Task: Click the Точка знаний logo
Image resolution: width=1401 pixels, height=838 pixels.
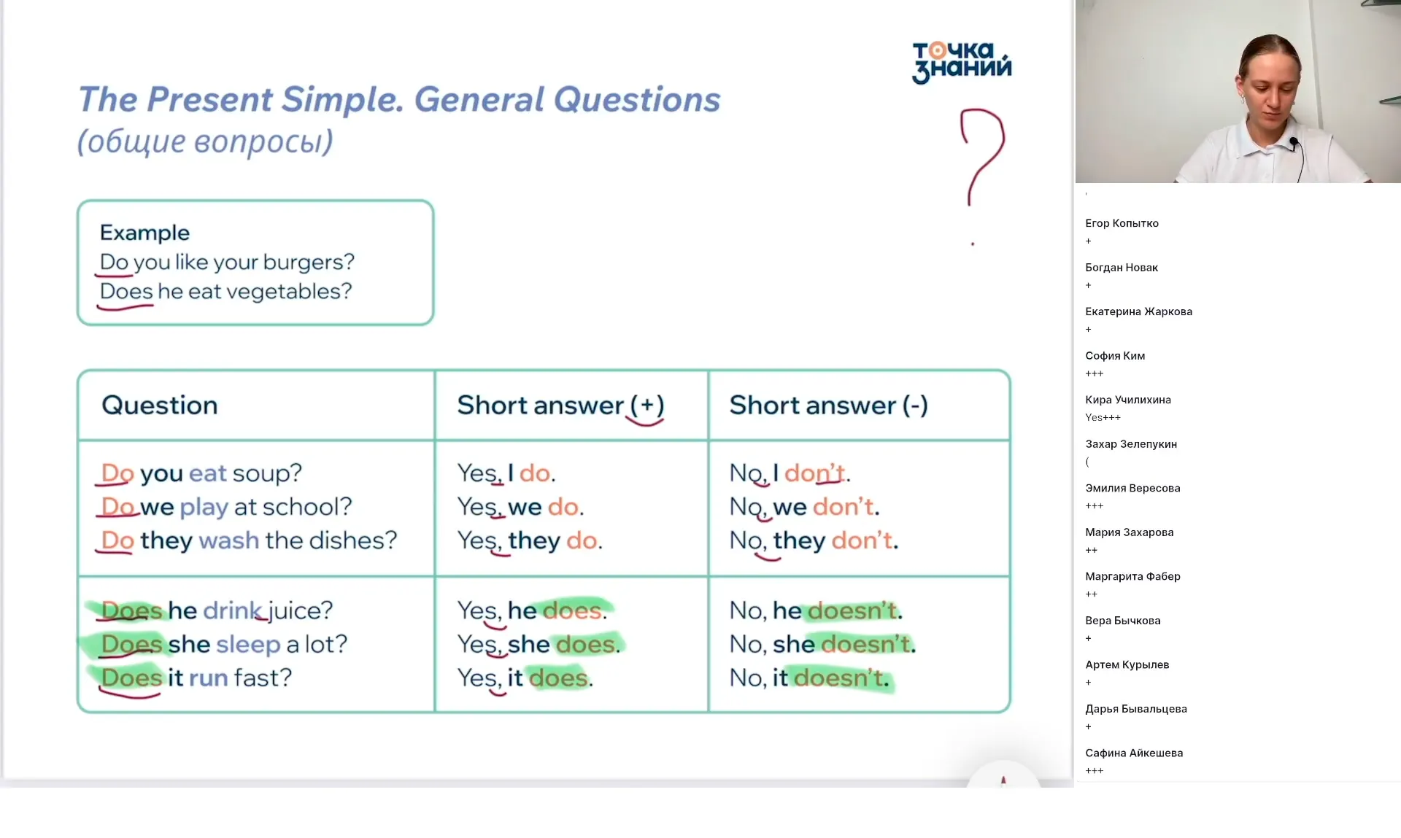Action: tap(962, 62)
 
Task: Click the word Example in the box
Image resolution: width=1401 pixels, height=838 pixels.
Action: tap(144, 233)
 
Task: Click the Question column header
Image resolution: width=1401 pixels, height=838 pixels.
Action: tap(160, 406)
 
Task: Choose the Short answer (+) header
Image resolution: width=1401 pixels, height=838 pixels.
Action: tap(560, 406)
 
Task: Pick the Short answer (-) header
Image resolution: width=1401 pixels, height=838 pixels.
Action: tap(828, 406)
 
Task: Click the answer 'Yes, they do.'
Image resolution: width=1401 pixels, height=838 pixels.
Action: tap(530, 541)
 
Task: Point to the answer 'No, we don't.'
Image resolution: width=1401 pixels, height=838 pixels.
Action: tap(804, 507)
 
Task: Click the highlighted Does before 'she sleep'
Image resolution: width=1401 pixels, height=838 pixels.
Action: tap(131, 645)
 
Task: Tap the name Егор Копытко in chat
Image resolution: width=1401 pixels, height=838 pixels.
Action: tap(1122, 223)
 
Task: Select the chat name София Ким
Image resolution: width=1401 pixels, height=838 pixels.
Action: tap(1115, 356)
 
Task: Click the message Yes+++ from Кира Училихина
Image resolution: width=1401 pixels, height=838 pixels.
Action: tap(1103, 418)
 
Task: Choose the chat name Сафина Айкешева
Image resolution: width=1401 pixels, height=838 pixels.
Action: tap(1134, 753)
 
